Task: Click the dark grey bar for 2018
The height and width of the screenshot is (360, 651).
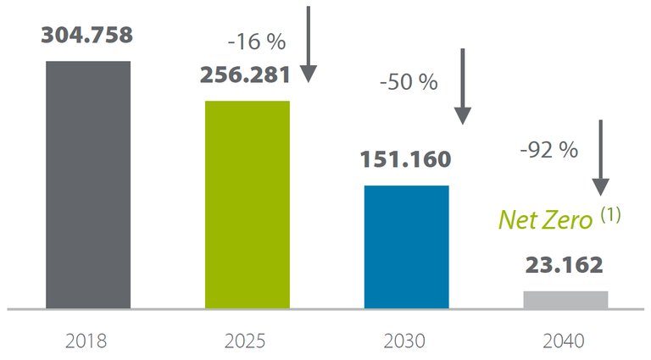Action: [88, 185]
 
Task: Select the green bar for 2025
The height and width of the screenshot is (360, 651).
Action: [247, 205]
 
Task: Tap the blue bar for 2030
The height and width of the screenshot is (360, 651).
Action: [406, 246]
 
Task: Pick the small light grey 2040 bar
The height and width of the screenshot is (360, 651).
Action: [565, 300]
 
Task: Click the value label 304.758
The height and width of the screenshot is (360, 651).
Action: [87, 36]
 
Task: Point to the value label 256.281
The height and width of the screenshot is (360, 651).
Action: [246, 75]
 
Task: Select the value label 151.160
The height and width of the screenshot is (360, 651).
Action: [405, 159]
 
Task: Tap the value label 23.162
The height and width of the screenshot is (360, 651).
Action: [564, 266]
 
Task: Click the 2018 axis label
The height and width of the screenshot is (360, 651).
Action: [87, 341]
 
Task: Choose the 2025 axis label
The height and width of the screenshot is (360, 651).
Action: [247, 341]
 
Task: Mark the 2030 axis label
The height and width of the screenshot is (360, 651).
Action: [405, 341]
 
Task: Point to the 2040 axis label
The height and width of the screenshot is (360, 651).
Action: [565, 341]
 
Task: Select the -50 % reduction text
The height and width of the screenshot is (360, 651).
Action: [408, 83]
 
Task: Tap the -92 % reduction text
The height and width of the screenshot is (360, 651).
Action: [548, 150]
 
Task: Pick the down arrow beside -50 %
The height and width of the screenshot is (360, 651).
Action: [462, 87]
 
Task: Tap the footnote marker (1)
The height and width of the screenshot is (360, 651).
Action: [610, 215]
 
